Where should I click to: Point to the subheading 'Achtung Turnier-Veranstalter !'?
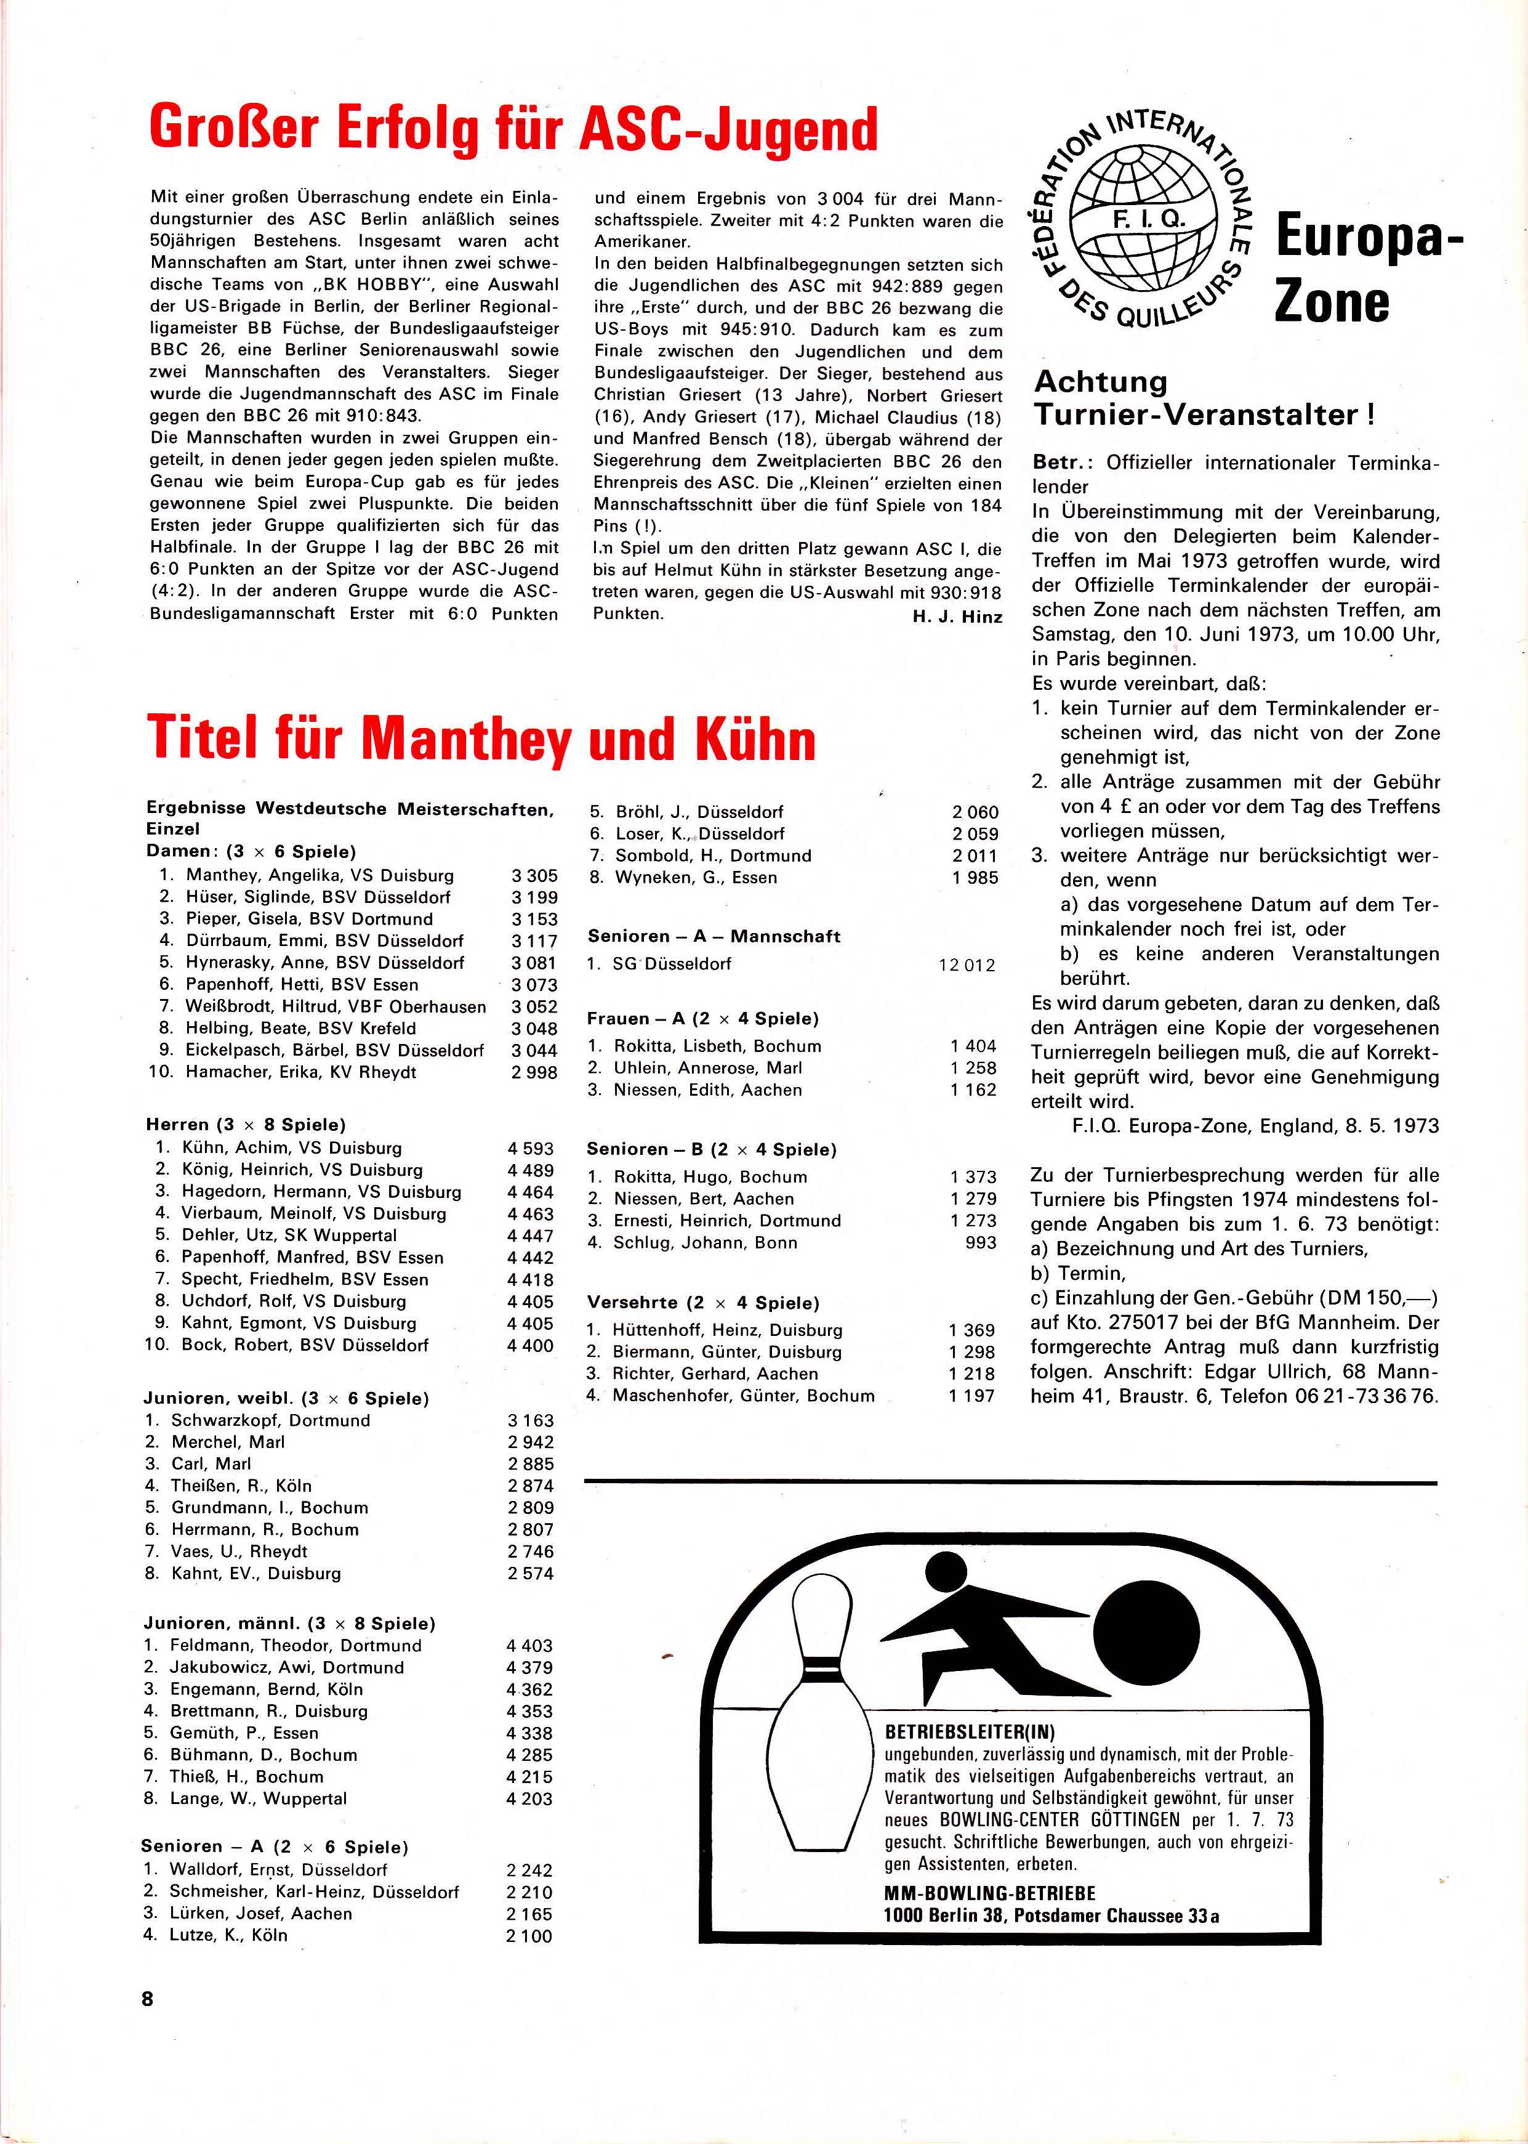click(x=1204, y=398)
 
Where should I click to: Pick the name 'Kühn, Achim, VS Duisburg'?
click(x=292, y=1148)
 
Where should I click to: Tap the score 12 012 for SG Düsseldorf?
click(x=967, y=965)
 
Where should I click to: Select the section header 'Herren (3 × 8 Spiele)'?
click(x=246, y=1125)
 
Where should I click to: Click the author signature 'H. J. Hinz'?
click(x=956, y=617)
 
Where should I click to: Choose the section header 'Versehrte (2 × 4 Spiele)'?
click(x=703, y=1303)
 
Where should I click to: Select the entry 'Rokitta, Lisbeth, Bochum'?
click(x=717, y=1046)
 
